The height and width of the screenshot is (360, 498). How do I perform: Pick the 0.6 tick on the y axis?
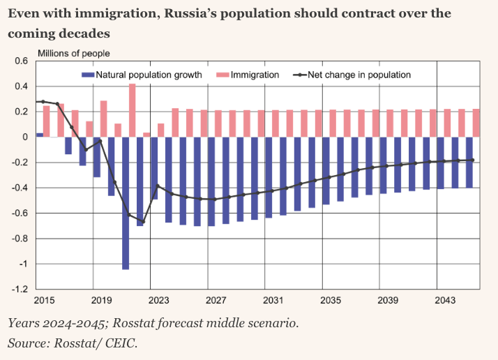tap(21, 61)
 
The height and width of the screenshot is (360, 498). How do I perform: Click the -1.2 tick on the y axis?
tap(20, 289)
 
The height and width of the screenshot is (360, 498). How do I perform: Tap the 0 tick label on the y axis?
tap(25, 137)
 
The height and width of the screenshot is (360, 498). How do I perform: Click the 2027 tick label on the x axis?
tap(216, 300)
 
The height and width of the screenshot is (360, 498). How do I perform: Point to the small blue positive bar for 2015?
tap(40, 135)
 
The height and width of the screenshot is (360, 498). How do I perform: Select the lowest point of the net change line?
tap(142, 222)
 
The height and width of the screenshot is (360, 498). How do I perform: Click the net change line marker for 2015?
tap(43, 102)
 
